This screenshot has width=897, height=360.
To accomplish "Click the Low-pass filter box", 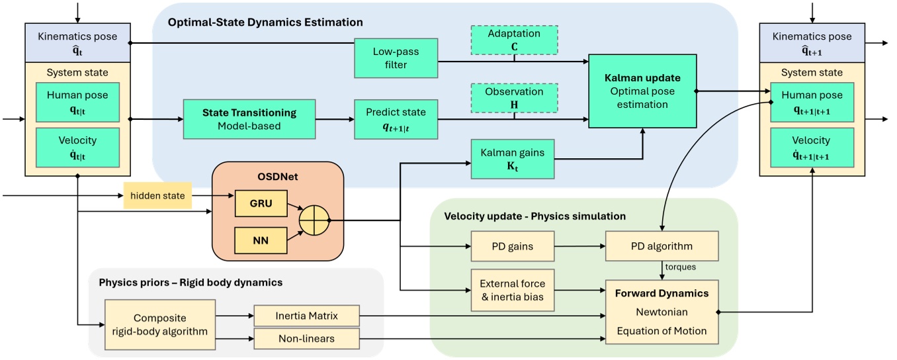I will pos(396,58).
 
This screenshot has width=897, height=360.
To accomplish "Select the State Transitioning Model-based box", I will pos(249,120).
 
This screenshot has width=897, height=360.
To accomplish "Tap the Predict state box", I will pos(396,120).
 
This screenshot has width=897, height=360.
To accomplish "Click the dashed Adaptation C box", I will pos(514,40).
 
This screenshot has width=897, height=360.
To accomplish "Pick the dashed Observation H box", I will pos(514,99).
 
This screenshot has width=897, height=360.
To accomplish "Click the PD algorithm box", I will pos(661,247).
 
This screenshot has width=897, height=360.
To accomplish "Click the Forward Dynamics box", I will pos(661,311).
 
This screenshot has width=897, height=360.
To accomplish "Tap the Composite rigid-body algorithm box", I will pos(160,324).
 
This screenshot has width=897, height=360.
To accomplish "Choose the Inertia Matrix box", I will pos(306,316).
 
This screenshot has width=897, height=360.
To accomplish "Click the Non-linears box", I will pos(306,339).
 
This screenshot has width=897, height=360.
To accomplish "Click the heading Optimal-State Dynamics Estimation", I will pos(265,22).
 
